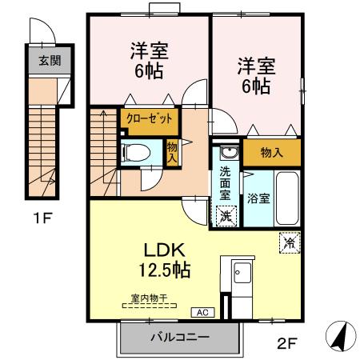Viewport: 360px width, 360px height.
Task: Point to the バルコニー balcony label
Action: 180,338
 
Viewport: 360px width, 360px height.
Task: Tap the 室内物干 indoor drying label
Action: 149,299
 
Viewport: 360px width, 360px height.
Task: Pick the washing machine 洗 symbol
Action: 226,214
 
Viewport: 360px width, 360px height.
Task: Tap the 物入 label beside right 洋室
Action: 272,152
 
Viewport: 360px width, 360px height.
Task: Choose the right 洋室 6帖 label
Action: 254,74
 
